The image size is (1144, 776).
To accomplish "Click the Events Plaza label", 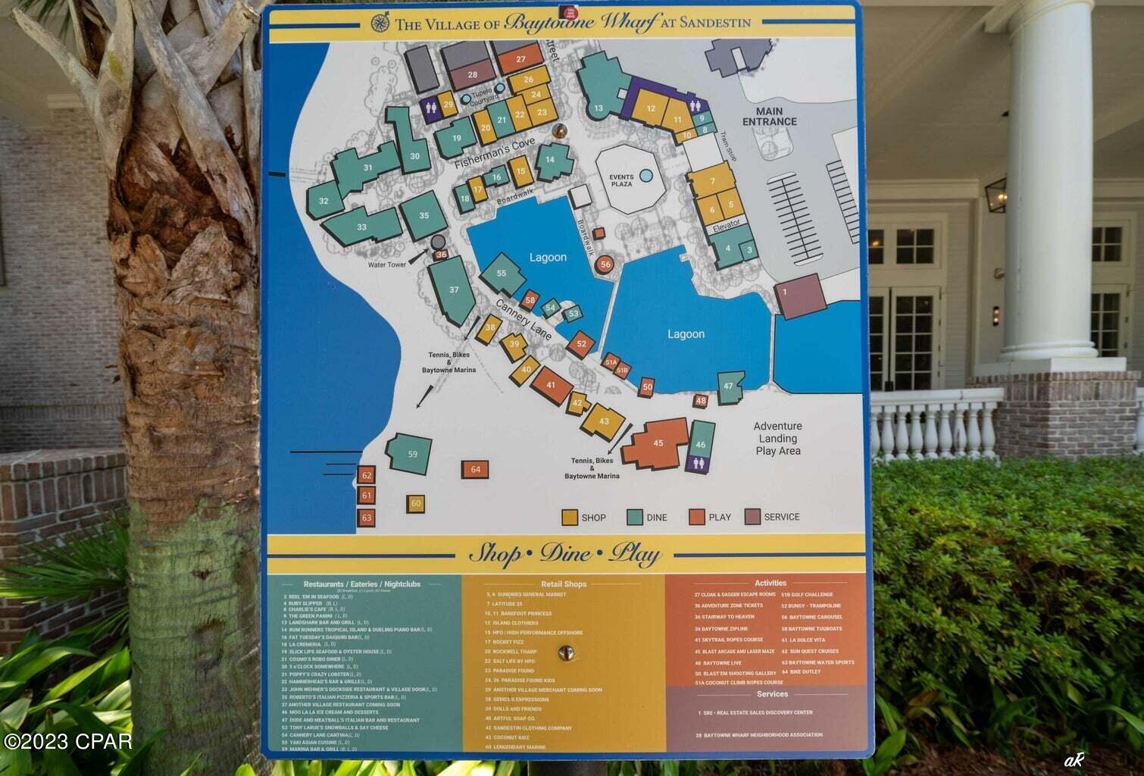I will (x=621, y=180).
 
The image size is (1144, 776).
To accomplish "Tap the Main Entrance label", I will (x=769, y=116).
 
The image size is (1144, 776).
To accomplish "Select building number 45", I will (x=658, y=443).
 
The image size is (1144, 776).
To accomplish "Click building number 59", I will (x=412, y=455).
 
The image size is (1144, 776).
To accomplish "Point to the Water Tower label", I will (x=387, y=264).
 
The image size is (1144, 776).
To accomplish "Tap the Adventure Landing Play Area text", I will (x=777, y=438).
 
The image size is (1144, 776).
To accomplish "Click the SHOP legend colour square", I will (x=570, y=517).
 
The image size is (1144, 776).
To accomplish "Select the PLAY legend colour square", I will (x=697, y=517).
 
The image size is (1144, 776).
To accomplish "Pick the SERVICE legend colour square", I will (x=752, y=516).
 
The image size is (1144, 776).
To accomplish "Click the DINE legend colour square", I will (x=635, y=517).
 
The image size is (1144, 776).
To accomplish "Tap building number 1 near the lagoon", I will (x=785, y=292).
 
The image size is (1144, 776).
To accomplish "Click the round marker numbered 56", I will (x=605, y=264).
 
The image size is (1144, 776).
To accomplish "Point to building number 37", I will (x=454, y=289).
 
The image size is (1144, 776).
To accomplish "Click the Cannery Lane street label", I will (x=524, y=318).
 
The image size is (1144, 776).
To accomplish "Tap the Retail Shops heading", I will (x=563, y=584).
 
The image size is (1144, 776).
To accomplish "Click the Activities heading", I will (x=770, y=583).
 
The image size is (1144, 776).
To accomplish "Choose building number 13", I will (x=599, y=108).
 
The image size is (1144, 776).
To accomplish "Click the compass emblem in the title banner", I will (x=380, y=23).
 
